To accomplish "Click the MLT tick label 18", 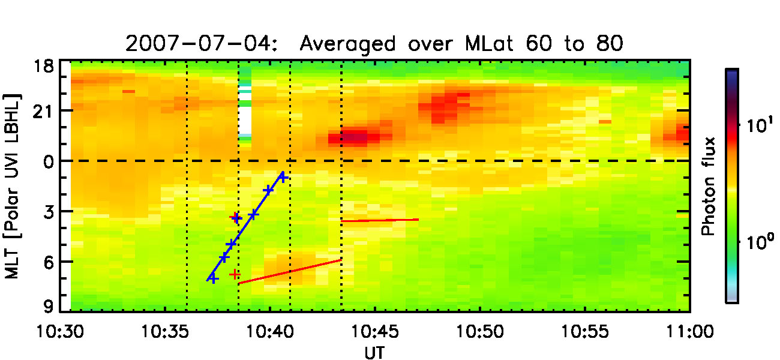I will (49, 65).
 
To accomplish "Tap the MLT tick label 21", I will (49, 111).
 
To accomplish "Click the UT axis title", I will (376, 352).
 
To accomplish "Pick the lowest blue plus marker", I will (212, 278).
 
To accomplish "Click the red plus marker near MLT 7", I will (235, 274).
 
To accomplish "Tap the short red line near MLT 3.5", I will (380, 220).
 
